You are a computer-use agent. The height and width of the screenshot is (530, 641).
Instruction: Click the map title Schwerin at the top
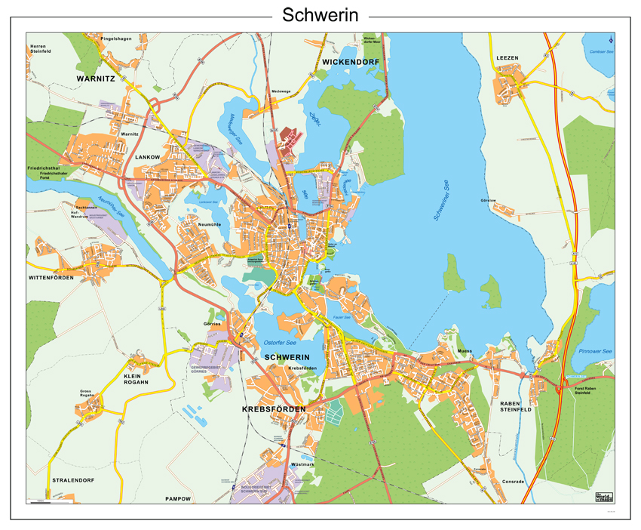320,15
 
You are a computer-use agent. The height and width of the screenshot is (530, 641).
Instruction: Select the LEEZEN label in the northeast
508,58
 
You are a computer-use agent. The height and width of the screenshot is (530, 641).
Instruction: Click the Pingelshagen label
116,39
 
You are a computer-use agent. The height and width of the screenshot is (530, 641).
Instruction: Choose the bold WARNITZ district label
96,78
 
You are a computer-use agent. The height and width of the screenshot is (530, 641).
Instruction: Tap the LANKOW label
148,157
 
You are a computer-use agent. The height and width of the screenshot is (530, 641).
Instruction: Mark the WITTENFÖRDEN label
51,278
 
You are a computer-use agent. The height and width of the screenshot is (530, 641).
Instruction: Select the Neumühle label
210,224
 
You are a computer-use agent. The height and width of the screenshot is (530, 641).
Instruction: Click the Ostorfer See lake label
276,341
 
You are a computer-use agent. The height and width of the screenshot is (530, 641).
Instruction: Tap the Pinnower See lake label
595,352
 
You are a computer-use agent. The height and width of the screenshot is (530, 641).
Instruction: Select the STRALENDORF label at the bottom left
73,479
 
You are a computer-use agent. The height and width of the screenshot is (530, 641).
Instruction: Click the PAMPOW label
179,499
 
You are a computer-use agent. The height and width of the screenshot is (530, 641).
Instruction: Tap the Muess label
465,352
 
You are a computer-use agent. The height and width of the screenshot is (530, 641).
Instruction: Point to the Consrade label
512,481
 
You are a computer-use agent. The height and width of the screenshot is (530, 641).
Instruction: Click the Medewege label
281,91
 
